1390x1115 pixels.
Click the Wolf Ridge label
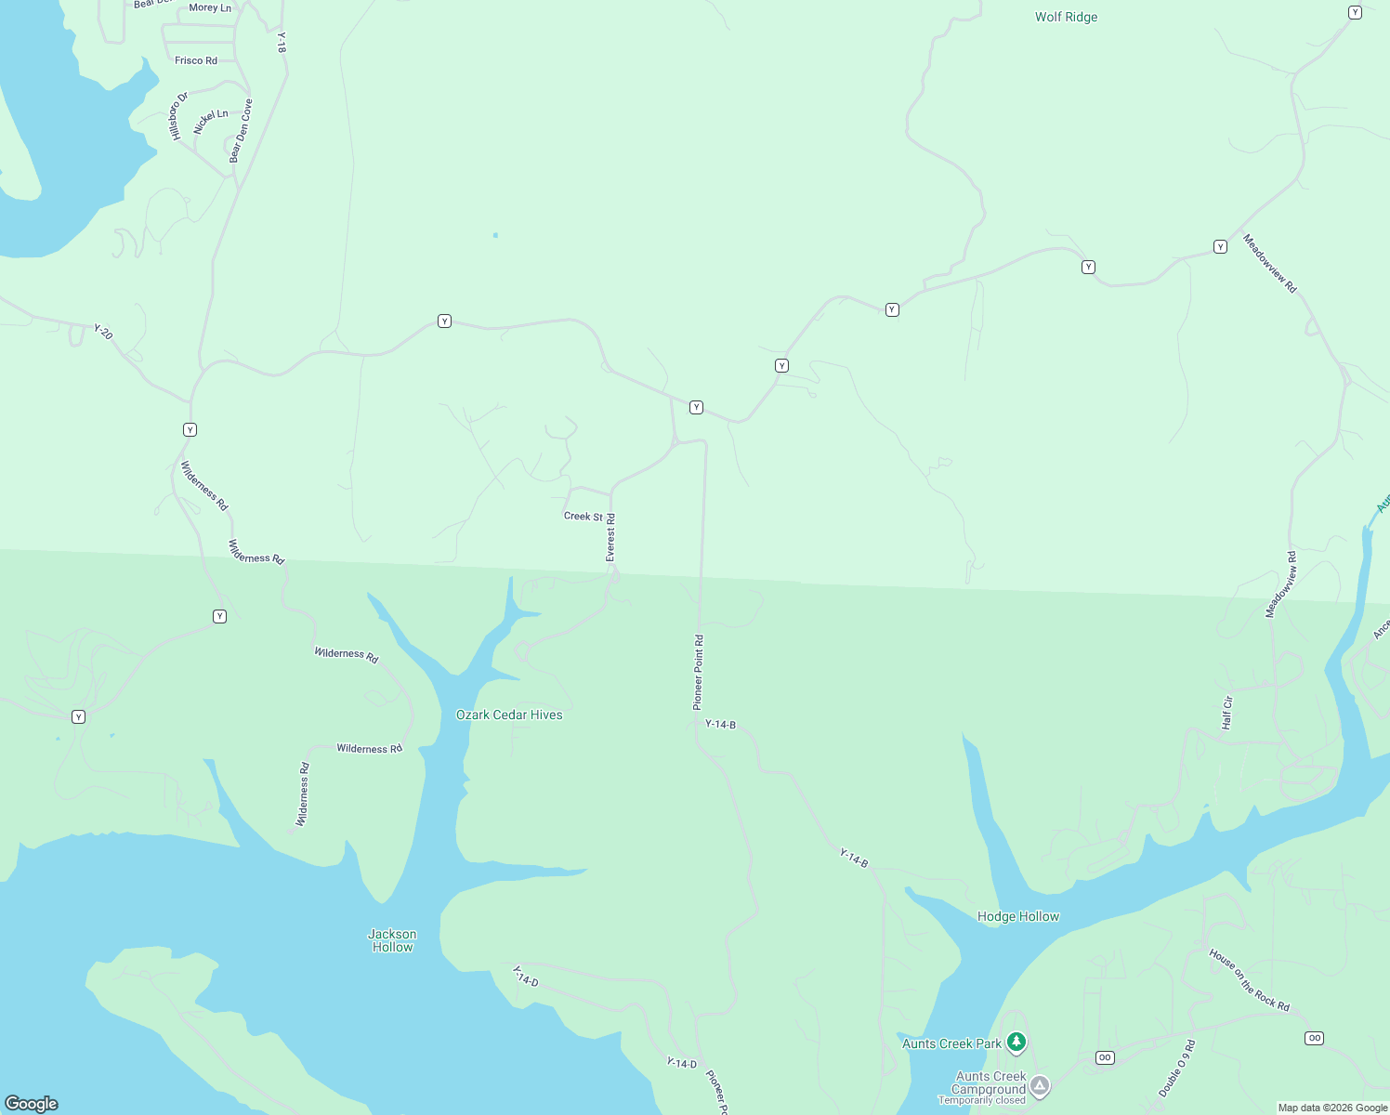[1066, 17]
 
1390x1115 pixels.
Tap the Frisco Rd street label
[196, 60]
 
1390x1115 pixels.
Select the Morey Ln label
[209, 7]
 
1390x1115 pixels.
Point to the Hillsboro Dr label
[179, 116]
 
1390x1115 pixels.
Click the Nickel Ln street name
[211, 121]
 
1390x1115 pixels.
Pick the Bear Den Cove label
[241, 131]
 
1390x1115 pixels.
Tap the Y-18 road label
[282, 42]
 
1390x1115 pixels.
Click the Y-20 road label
[103, 332]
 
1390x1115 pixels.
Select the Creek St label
[583, 516]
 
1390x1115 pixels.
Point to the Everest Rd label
[610, 537]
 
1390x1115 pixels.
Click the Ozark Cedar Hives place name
[509, 715]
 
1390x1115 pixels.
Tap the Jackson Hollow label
[392, 940]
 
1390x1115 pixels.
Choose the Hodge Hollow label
[1018, 916]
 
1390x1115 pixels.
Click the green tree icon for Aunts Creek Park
[1016, 1043]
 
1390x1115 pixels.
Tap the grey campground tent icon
[1040, 1084]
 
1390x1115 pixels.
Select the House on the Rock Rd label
[1249, 979]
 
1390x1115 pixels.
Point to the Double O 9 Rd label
[1177, 1068]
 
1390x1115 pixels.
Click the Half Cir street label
[1227, 713]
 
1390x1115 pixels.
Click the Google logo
[32, 1103]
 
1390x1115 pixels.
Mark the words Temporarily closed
[981, 1100]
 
